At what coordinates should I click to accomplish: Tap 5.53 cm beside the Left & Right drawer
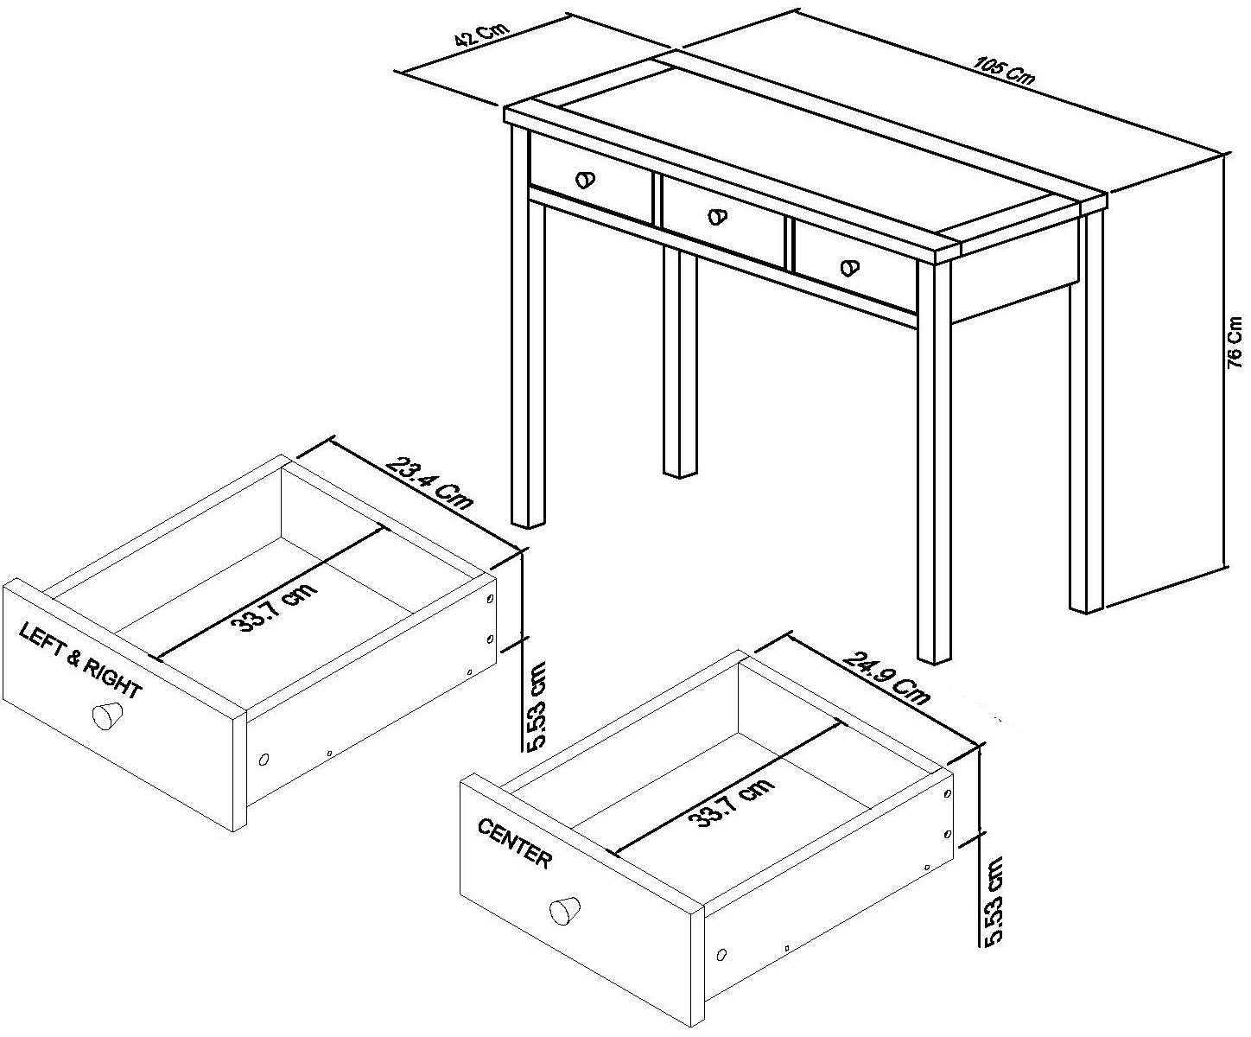pos(536,706)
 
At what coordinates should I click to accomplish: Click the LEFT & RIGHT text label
pos(79,661)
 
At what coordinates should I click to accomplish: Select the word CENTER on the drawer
pos(513,843)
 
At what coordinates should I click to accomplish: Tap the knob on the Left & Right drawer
pos(107,716)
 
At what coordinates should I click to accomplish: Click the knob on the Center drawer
pos(565,911)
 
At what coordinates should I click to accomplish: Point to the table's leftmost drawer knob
pos(585,180)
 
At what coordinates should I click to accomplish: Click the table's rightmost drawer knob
pos(850,268)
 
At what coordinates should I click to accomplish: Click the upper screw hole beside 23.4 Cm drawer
pos(490,598)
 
